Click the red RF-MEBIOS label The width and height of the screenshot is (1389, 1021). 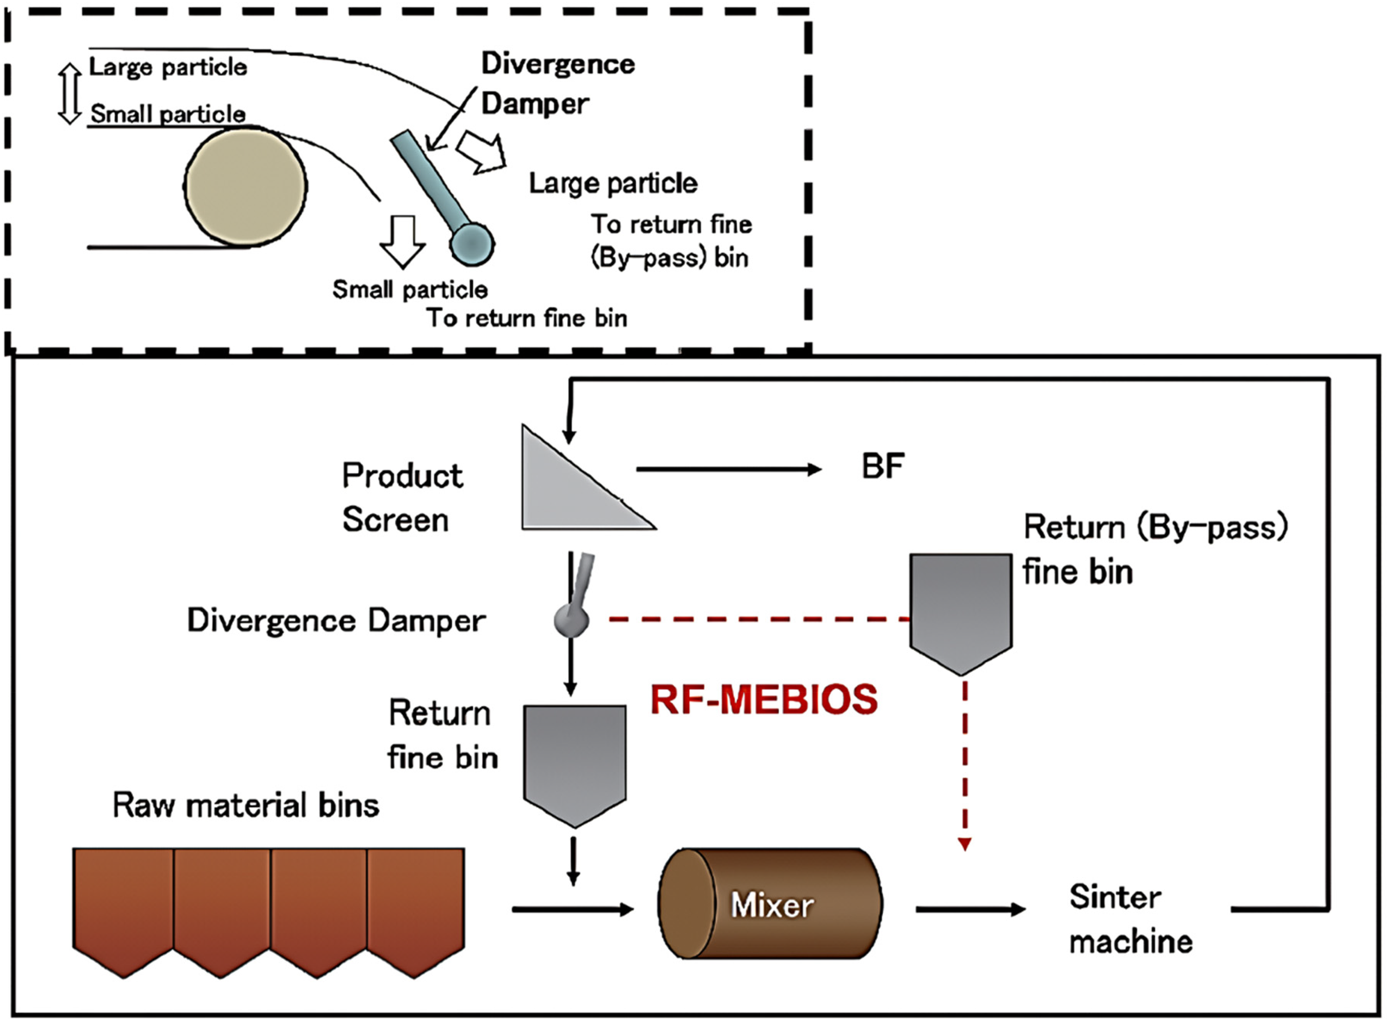pos(764,699)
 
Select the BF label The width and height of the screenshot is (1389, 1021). pos(883,467)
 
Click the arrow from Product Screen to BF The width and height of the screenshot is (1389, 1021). pos(729,470)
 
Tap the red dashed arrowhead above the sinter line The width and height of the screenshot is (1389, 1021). pos(964,844)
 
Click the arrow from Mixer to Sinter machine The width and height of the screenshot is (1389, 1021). pos(970,909)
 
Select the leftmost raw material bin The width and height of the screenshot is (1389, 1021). pos(123,912)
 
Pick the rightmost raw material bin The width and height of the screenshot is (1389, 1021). pos(415,912)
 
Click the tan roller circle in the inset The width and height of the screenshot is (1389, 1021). pos(245,186)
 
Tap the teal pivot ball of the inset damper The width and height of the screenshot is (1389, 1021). pos(472,244)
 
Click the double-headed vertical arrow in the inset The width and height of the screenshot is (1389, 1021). pos(69,93)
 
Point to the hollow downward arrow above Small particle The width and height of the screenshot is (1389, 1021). pos(402,242)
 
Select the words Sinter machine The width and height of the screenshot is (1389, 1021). pos(1131,919)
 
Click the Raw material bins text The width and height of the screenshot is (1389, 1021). pos(246,806)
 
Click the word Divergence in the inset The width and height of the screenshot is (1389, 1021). pos(558,64)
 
